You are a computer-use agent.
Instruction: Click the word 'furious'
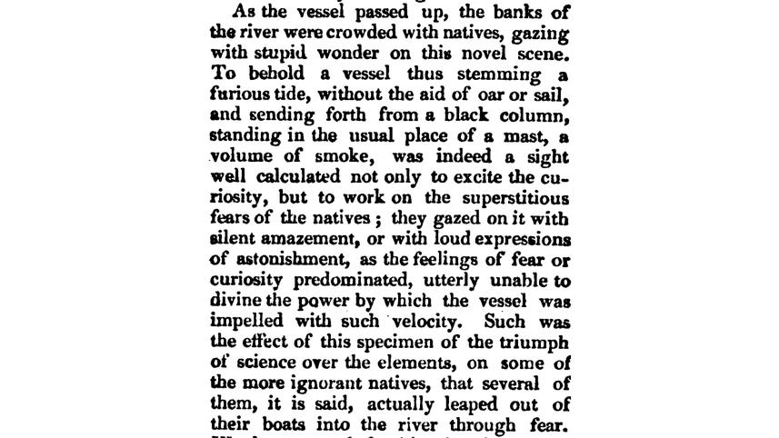click(239, 95)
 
